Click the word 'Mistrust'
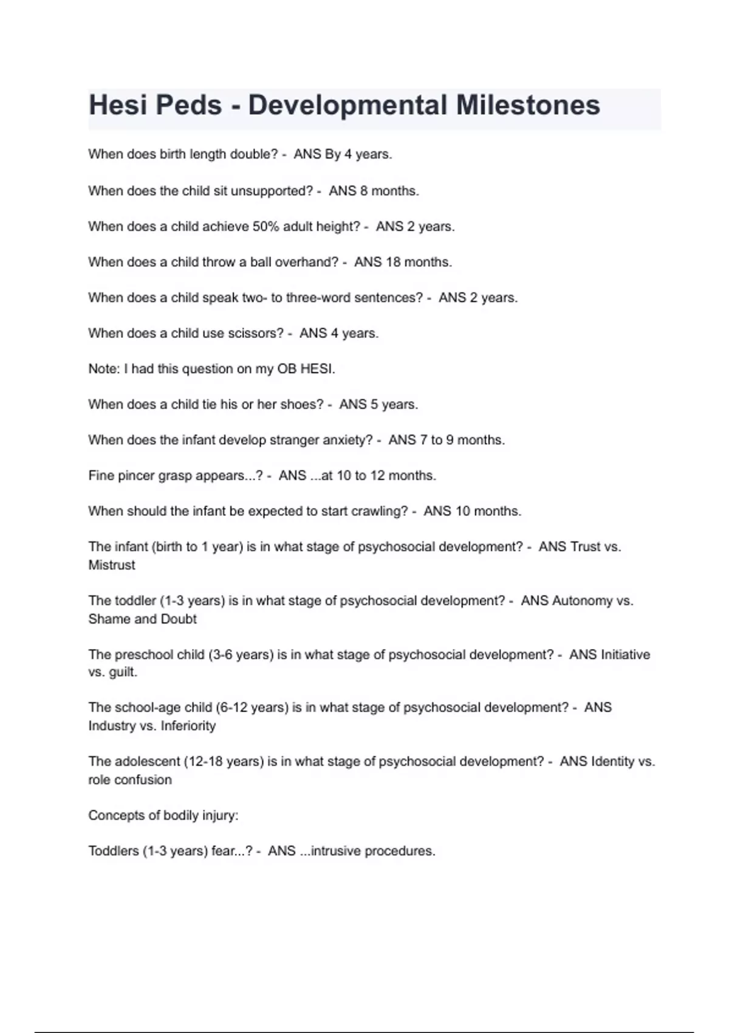(x=112, y=565)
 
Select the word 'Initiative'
(x=625, y=654)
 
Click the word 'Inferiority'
(x=188, y=726)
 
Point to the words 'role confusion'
(x=130, y=780)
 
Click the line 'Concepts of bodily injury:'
(x=163, y=815)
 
